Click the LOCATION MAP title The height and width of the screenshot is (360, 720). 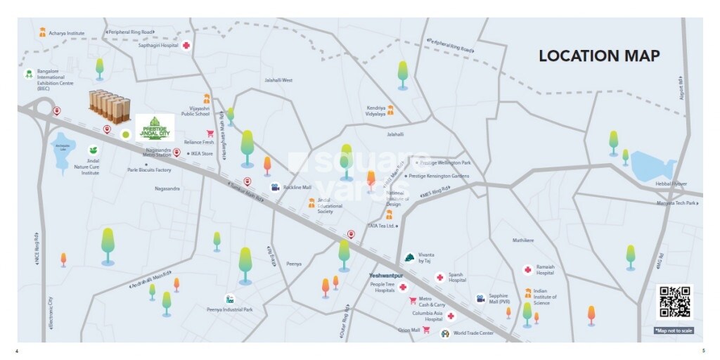pos(599,56)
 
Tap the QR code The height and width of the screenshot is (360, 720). pos(674,302)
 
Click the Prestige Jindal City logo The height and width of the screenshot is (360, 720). pos(155,128)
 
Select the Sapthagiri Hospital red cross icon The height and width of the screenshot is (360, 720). pos(186,46)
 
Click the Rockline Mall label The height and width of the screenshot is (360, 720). pos(297,187)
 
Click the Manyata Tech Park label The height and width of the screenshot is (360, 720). pos(676,202)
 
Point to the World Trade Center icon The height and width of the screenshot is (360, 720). pos(444,333)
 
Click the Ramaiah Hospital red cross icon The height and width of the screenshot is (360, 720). pos(527,270)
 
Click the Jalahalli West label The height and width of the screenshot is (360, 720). pos(278,80)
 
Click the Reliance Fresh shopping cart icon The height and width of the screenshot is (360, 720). pos(210,134)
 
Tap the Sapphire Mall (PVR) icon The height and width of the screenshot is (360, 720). pos(480,298)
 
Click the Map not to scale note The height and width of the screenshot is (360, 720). pos(674,330)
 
